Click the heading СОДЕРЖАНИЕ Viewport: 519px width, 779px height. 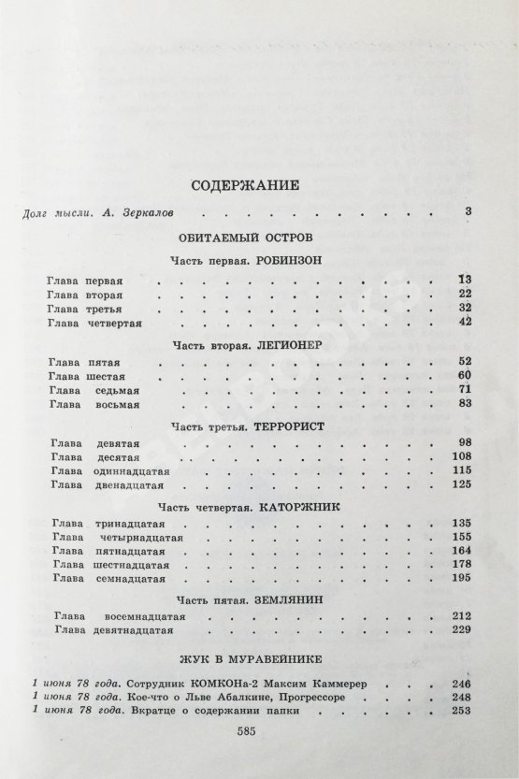(x=258, y=184)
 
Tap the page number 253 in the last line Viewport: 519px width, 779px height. (x=460, y=711)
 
